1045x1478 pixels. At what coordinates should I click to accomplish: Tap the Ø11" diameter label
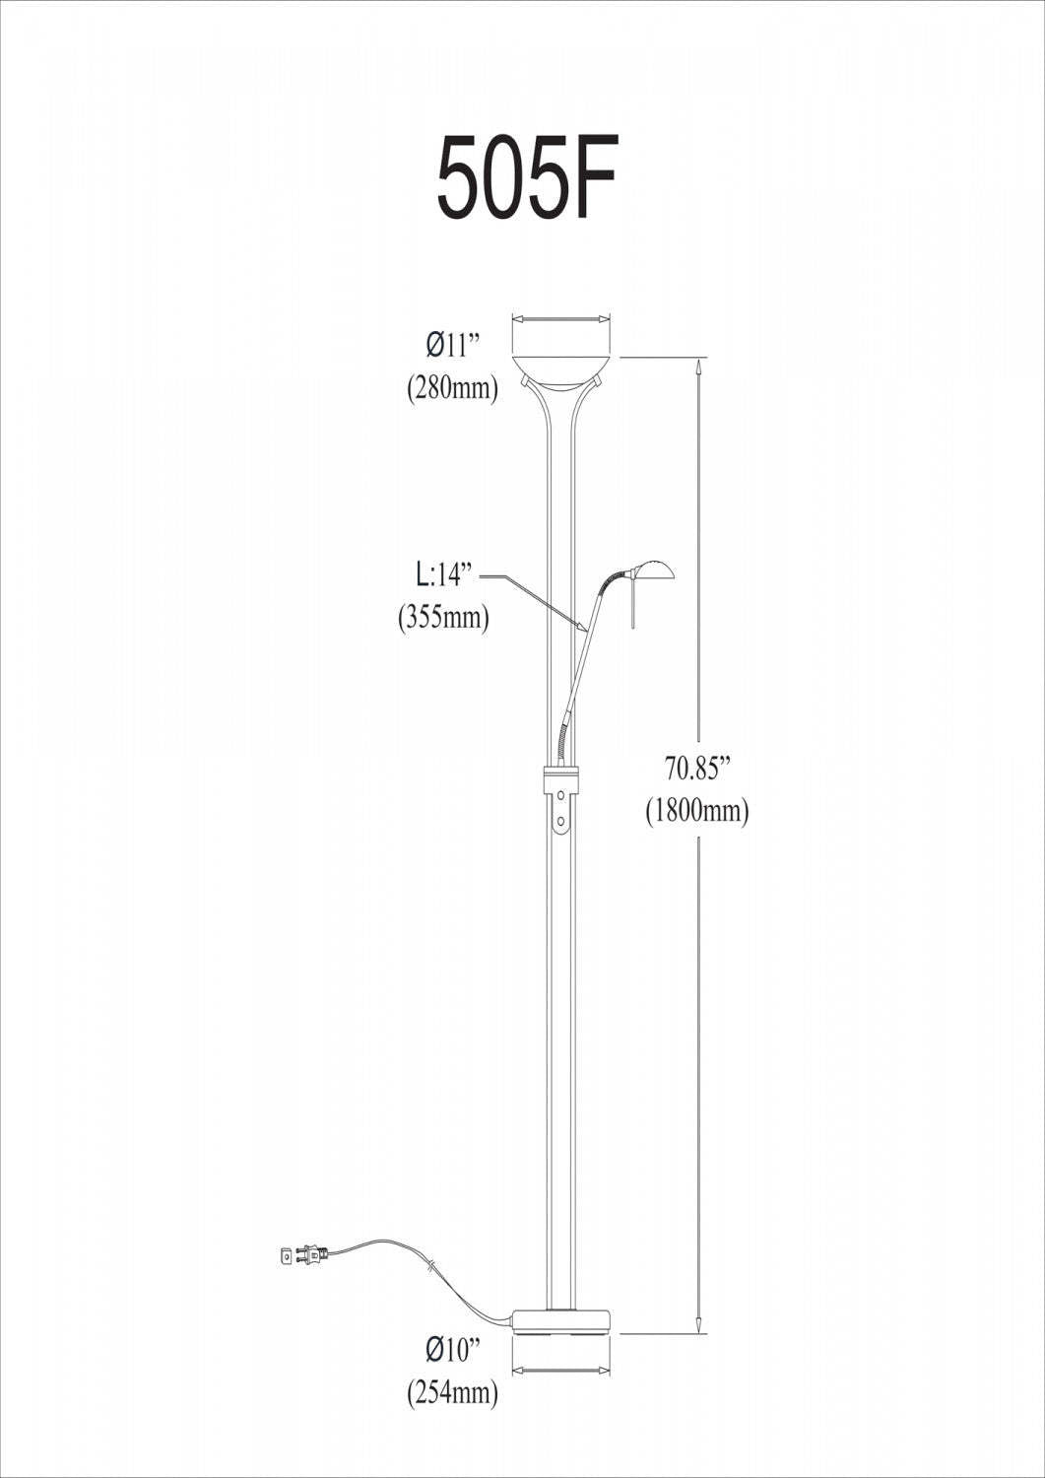coord(452,346)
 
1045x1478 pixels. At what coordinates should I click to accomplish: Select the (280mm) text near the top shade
coord(452,388)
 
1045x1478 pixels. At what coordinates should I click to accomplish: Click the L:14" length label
coord(444,574)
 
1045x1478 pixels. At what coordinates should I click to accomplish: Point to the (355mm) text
coord(443,618)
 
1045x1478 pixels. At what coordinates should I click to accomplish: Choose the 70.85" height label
coord(697,767)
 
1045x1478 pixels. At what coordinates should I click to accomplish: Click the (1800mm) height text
coord(697,811)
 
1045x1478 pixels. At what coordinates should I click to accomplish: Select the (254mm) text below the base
coord(452,1391)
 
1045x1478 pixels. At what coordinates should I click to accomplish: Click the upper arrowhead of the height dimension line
coord(698,367)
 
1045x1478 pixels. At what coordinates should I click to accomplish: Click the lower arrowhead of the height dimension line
coord(698,1324)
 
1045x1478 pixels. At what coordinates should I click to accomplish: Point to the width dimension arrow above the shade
coord(561,318)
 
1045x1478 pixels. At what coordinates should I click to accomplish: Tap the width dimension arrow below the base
coord(561,1370)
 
